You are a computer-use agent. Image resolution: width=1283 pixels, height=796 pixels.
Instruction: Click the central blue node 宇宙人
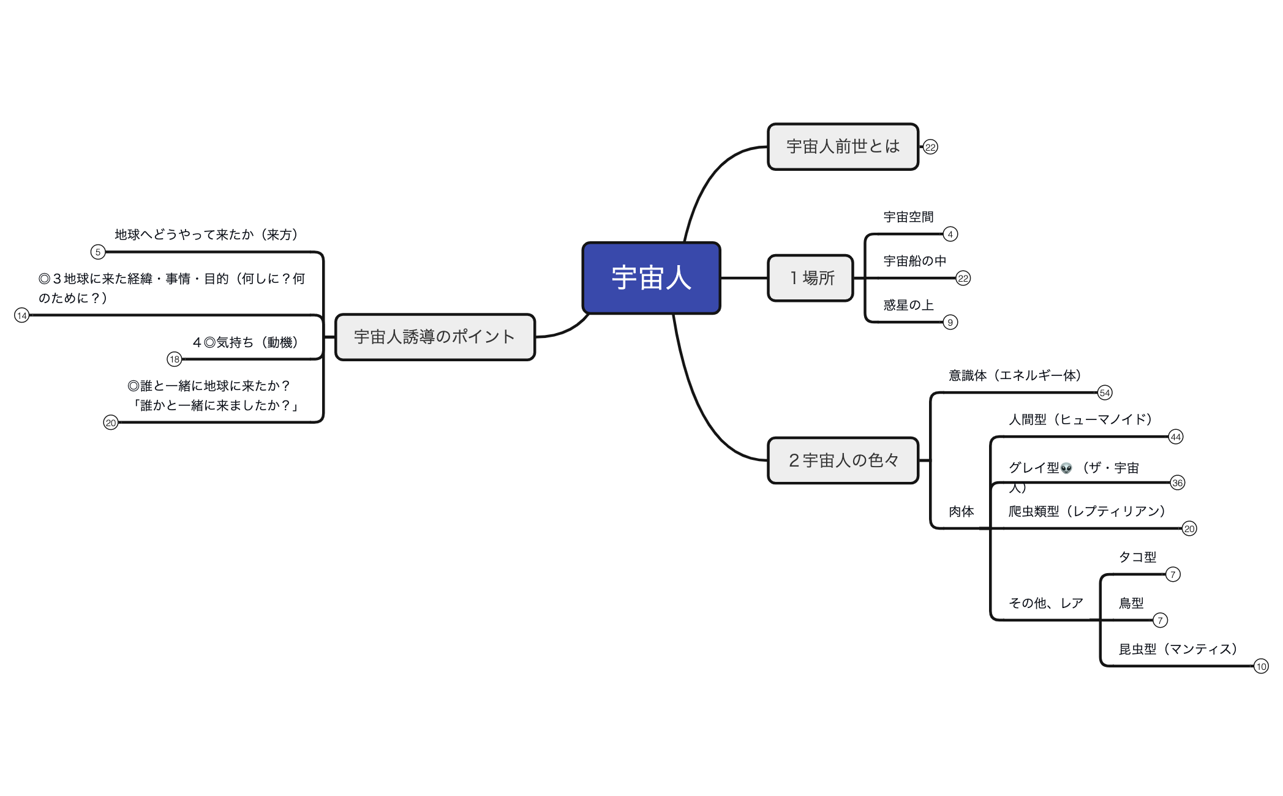pos(651,278)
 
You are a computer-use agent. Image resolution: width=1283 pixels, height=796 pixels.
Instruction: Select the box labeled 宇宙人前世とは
pos(843,147)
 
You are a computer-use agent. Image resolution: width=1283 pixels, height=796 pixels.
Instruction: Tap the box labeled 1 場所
pos(810,278)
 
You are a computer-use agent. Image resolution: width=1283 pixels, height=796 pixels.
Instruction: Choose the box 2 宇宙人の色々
pos(843,460)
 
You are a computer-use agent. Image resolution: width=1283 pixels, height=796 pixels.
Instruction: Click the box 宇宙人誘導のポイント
pos(435,337)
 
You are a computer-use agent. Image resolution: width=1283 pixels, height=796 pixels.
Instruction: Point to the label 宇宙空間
pos(908,217)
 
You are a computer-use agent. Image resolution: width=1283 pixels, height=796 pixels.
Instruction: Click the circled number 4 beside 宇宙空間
pos(950,235)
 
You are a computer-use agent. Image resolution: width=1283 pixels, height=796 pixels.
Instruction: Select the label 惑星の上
pos(908,305)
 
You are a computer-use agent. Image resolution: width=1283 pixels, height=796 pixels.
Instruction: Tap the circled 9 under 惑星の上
pos(950,323)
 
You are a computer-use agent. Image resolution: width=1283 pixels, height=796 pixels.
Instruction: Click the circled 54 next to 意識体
pos(1104,393)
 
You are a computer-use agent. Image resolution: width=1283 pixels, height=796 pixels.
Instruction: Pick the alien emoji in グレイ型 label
pos(1066,468)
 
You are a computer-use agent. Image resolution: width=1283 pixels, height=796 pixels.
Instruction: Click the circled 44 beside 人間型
pos(1175,437)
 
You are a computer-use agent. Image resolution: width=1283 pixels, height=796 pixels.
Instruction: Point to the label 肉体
pos(961,512)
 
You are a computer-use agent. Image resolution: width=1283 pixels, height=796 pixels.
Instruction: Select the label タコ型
pos(1137,557)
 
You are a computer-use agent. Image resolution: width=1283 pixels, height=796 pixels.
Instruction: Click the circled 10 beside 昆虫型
pos(1261,667)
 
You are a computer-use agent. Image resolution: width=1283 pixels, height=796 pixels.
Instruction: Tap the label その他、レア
pos(1046,603)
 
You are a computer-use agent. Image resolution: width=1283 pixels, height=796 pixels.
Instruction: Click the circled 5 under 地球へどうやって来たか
pos(97,252)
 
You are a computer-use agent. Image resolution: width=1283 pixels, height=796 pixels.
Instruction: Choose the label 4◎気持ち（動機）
pos(245,342)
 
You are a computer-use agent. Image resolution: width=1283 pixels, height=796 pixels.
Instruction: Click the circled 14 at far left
pos(22,316)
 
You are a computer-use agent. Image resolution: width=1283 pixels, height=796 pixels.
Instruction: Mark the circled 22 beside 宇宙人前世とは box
pos(930,148)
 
